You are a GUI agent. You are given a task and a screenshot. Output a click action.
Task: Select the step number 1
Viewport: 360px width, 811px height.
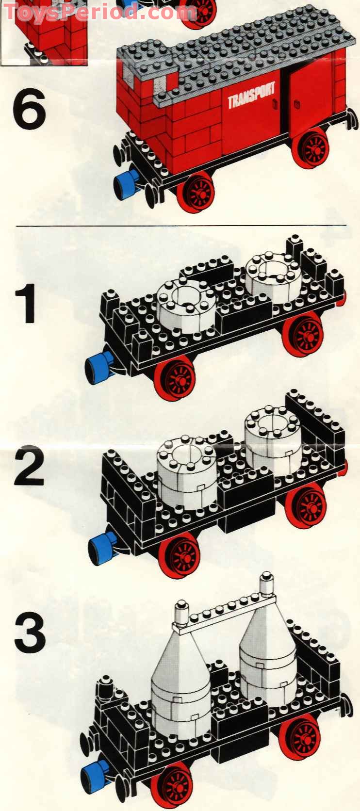pyautogui.click(x=26, y=304)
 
